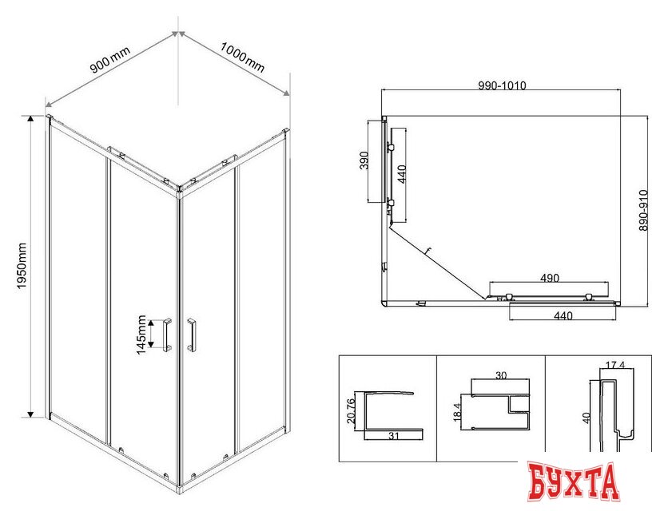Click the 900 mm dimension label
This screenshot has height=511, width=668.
pos(110,60)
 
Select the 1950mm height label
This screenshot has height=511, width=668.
pos(22,266)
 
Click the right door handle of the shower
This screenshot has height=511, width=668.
pos(192,335)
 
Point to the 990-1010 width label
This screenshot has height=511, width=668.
pos(502,85)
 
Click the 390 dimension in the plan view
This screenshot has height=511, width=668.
pos(364,160)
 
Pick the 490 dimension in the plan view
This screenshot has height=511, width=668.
pos(550,278)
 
